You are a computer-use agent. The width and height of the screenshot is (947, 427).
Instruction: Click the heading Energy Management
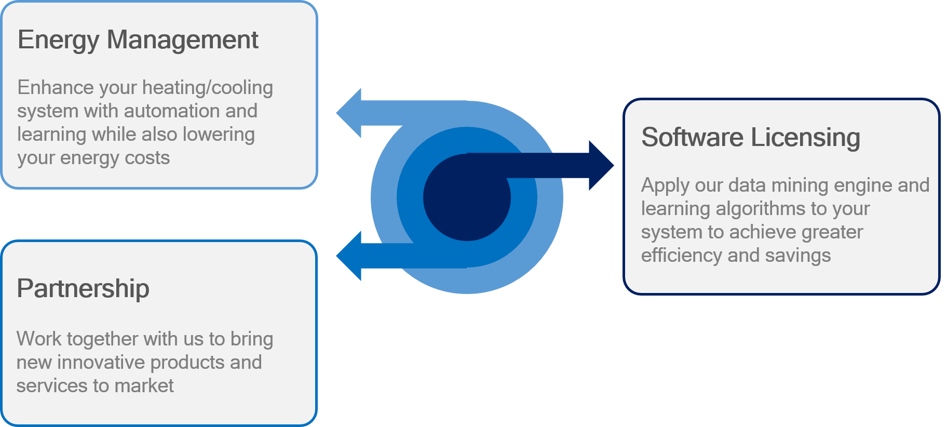(x=138, y=41)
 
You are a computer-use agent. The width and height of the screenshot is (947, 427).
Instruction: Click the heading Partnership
(x=83, y=289)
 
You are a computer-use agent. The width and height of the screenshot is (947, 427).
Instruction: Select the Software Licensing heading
(x=751, y=138)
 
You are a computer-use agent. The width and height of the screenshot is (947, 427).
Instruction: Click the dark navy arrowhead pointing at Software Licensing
(x=601, y=166)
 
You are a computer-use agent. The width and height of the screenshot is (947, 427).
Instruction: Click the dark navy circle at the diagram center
(x=467, y=197)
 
